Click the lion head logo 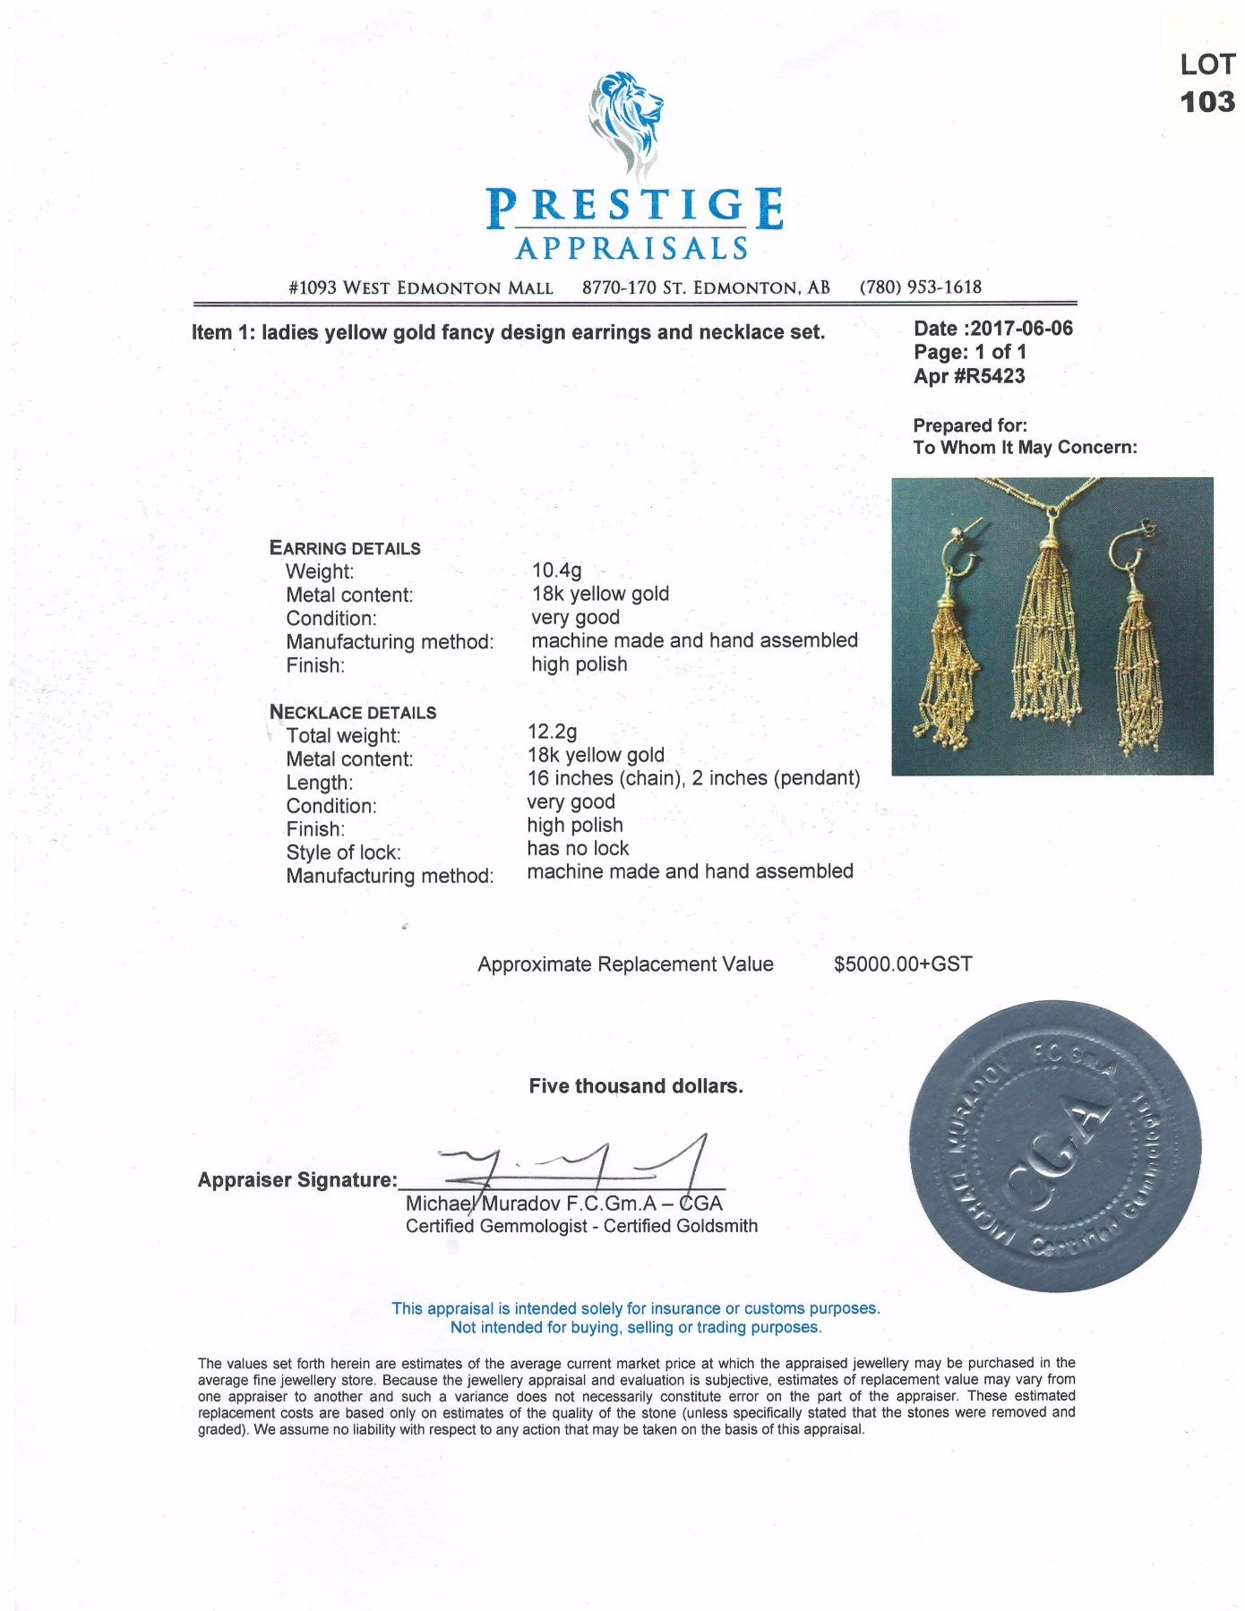tap(626, 121)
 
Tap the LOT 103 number tap(1207, 100)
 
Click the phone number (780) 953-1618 tap(920, 287)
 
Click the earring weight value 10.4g tap(556, 570)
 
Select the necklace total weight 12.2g tap(552, 732)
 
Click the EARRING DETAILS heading tap(345, 548)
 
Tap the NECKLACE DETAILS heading tap(353, 712)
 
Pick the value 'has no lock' tap(578, 848)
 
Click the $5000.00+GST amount tap(902, 964)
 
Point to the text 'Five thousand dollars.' tap(636, 1086)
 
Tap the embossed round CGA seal tap(1054, 1145)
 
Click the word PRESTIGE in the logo tap(635, 209)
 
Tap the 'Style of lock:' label tap(343, 853)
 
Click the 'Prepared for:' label tap(970, 425)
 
